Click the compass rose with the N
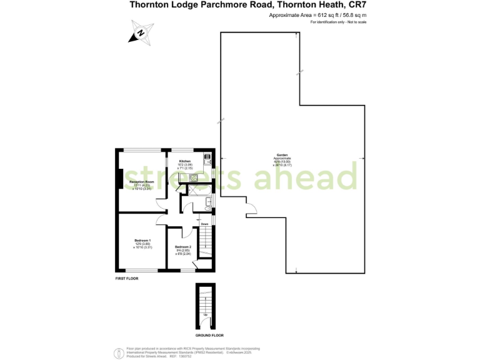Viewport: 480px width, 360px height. coord(141,32)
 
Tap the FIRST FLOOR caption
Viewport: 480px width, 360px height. coord(127,278)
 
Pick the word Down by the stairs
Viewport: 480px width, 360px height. coord(204,223)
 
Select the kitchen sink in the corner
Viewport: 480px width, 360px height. coord(193,179)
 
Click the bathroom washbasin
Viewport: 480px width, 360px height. coord(207,209)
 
